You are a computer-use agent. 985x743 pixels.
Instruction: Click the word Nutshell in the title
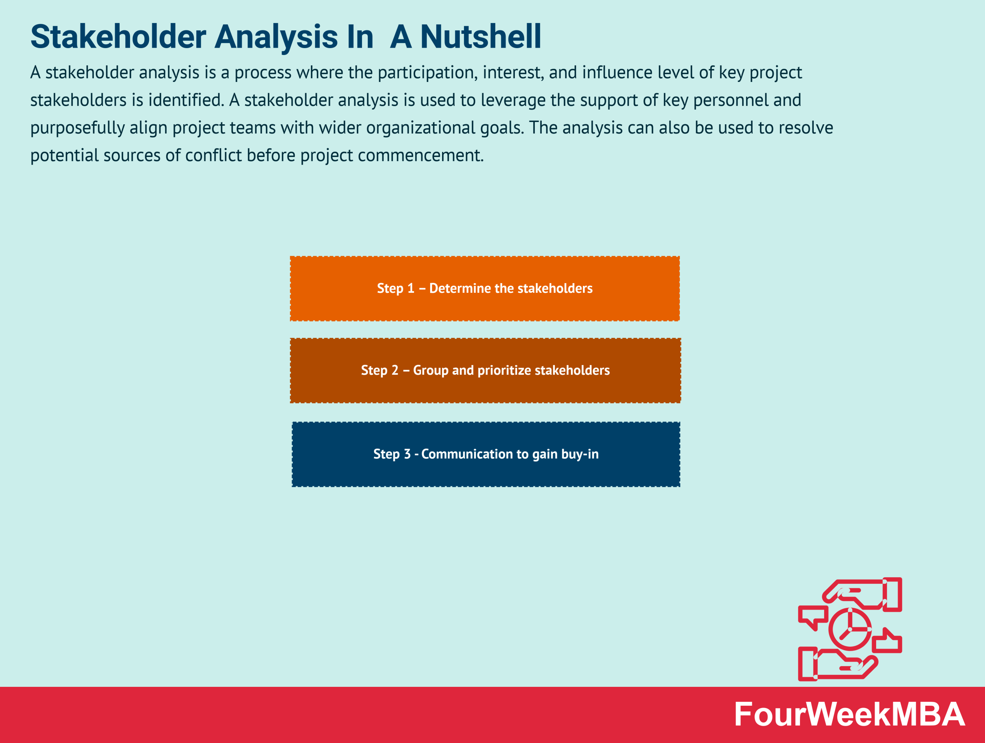481,37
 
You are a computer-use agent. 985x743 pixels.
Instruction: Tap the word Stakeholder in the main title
118,37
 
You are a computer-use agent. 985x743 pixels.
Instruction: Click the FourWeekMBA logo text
849,715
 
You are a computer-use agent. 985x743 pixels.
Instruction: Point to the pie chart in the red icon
850,629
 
